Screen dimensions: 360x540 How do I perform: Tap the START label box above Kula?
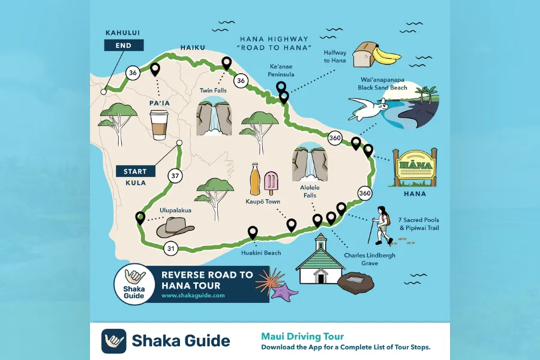coord(135,172)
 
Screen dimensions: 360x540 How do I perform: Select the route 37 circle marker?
coord(175,176)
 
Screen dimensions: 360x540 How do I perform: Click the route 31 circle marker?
coord(170,248)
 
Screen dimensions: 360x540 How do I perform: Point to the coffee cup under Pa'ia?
coord(159,124)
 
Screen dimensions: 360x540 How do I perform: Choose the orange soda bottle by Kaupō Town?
coord(255,179)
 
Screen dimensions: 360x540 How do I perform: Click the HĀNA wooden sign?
coord(415,167)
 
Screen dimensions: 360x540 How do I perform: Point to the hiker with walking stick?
coord(382,226)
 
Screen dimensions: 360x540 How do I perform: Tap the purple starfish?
coord(284,291)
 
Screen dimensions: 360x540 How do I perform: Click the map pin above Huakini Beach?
coord(253,233)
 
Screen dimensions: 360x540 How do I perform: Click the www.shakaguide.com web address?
coord(193,295)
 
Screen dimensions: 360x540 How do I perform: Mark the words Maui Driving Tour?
coord(302,336)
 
